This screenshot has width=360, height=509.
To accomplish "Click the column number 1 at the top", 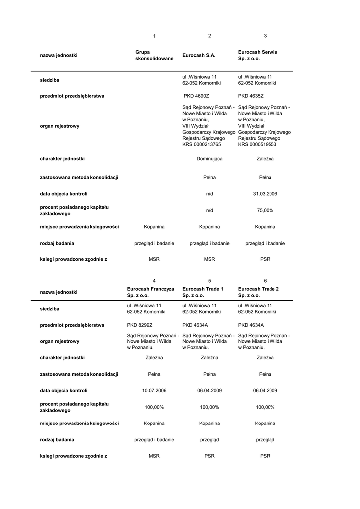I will click(154, 36).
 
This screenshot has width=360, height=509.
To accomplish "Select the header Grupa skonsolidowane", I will click(154, 55).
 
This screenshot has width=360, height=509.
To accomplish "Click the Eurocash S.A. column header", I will click(199, 55).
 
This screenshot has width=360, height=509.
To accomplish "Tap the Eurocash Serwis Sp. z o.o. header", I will click(258, 55).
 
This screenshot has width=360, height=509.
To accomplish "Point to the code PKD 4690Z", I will click(197, 96).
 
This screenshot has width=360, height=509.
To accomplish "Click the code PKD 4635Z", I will click(251, 96).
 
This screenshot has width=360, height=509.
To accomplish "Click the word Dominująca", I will click(209, 159).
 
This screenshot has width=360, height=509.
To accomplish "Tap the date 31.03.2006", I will click(265, 194).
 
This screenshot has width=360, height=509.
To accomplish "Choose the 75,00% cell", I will click(265, 210).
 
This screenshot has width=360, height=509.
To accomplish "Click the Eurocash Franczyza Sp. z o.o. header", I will click(150, 292).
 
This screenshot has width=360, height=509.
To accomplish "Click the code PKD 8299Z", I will click(140, 325).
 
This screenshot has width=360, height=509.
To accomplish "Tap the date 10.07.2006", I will click(154, 390).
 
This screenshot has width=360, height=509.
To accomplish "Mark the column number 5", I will click(209, 281).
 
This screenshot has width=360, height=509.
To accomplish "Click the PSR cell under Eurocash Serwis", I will click(265, 259).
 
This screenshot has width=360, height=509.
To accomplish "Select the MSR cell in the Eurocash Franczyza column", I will click(154, 456).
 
